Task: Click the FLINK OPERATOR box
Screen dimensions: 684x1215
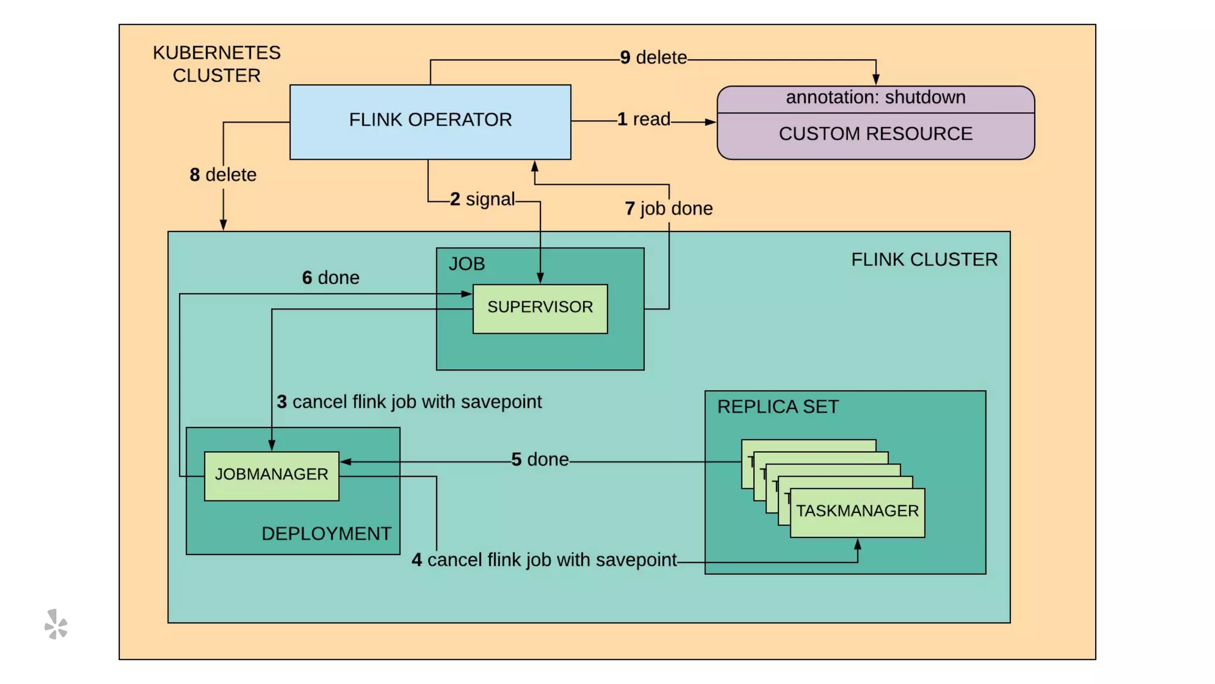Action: click(x=430, y=122)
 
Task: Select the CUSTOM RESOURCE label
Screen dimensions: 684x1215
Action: click(x=875, y=134)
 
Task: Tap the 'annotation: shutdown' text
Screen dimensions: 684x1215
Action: click(x=875, y=97)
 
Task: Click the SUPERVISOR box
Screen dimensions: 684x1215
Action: click(x=540, y=308)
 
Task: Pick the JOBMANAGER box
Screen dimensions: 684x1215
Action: click(x=271, y=475)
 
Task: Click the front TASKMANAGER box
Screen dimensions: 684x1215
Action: click(x=857, y=512)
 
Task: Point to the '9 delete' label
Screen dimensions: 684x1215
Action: click(x=653, y=58)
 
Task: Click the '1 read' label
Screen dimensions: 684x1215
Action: click(x=644, y=119)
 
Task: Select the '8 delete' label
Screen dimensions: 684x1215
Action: click(x=223, y=175)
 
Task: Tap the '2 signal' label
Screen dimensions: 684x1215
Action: click(x=482, y=199)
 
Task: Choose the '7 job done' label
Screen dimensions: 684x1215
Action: click(x=669, y=209)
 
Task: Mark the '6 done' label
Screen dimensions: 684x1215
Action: click(x=330, y=278)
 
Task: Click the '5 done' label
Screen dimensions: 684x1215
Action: click(x=540, y=460)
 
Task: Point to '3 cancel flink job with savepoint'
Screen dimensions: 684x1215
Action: click(x=409, y=402)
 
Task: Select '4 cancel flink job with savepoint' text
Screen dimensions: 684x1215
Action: click(x=544, y=560)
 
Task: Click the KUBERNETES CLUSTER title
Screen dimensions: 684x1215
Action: click(x=217, y=64)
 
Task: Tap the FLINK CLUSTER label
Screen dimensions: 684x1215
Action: click(x=924, y=260)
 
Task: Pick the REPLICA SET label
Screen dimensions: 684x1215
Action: click(x=778, y=407)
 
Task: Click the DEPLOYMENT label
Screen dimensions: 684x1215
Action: click(x=326, y=534)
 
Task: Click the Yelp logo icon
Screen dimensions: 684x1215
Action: click(x=56, y=625)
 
